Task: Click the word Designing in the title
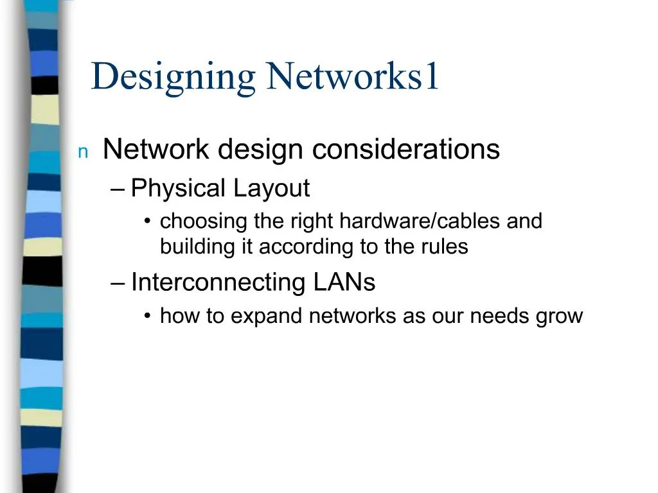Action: click(x=173, y=78)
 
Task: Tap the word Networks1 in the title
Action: click(x=353, y=76)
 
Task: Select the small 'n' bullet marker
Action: click(x=83, y=152)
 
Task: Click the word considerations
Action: click(x=406, y=149)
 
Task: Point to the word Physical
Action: click(x=179, y=188)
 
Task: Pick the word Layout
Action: click(x=272, y=188)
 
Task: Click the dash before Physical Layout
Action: click(x=118, y=190)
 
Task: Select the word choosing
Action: click(x=204, y=221)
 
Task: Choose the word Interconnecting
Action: click(x=218, y=282)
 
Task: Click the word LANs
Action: click(x=344, y=282)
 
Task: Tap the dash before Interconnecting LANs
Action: click(x=118, y=284)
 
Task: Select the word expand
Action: click(x=266, y=316)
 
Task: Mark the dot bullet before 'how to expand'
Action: click(x=147, y=316)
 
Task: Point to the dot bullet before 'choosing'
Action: click(x=147, y=221)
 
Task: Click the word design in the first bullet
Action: click(x=260, y=150)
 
